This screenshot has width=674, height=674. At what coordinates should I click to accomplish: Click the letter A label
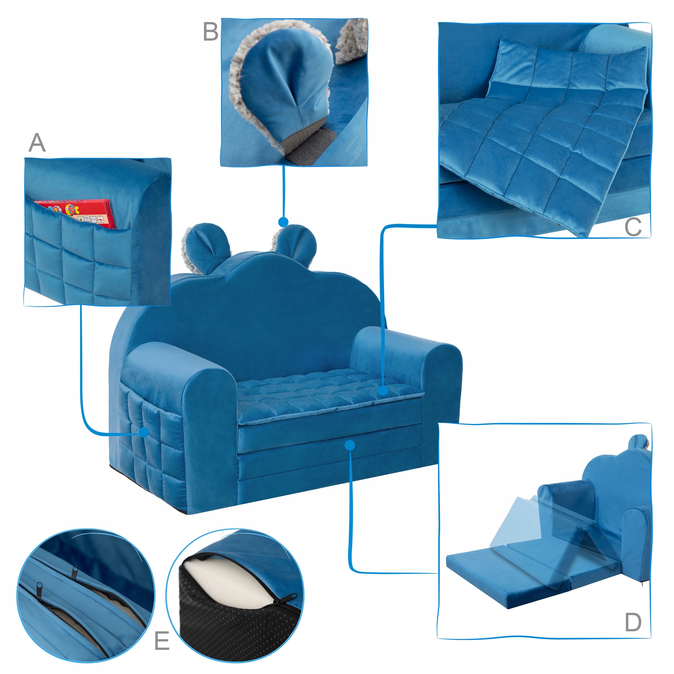tap(37, 143)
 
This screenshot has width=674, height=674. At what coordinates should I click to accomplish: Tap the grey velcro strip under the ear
tap(307, 147)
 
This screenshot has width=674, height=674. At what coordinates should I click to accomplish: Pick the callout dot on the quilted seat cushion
tap(383, 391)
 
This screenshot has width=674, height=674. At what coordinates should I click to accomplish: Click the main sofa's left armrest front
tap(209, 436)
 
